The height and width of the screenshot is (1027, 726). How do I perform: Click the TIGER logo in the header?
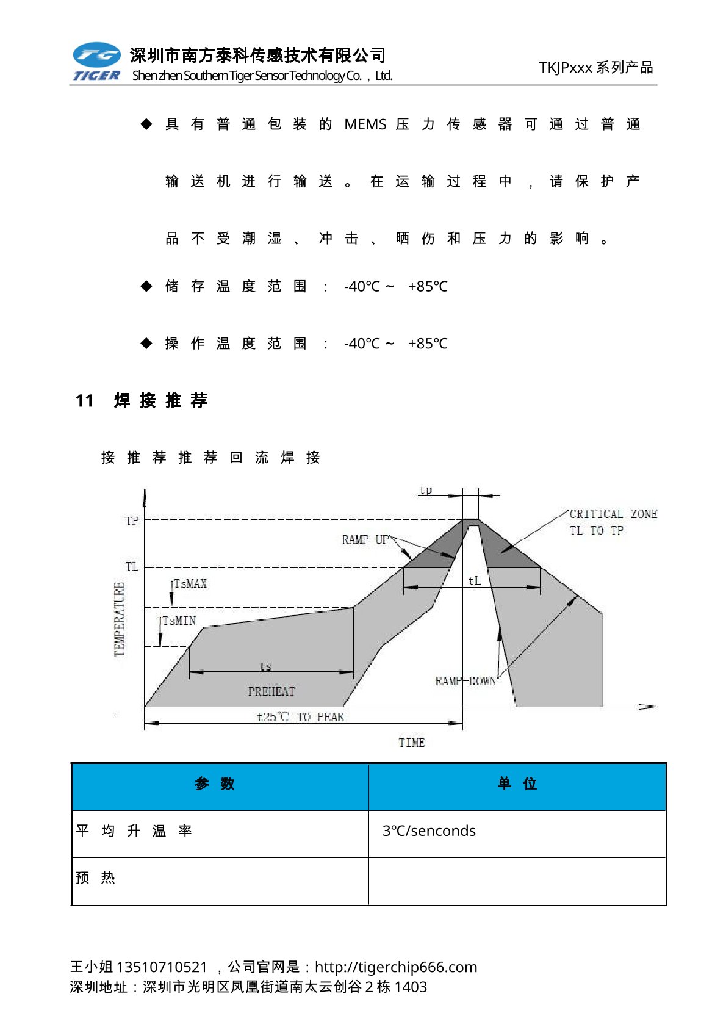pyautogui.click(x=96, y=62)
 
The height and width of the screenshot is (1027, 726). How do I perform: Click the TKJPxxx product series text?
pyautogui.click(x=595, y=68)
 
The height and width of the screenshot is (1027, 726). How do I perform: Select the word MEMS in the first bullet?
pyautogui.click(x=365, y=124)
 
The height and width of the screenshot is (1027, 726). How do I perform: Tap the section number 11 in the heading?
pyautogui.click(x=84, y=401)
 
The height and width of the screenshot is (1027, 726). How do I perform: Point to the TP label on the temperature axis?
pyautogui.click(x=132, y=521)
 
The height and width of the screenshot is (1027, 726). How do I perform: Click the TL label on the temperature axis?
pyautogui.click(x=132, y=567)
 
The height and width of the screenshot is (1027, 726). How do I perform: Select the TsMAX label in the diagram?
pyautogui.click(x=190, y=584)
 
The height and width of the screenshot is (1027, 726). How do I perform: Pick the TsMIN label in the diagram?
pyautogui.click(x=179, y=621)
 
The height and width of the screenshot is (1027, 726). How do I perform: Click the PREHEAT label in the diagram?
pyautogui.click(x=271, y=691)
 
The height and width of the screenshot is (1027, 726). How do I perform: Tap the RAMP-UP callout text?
pyautogui.click(x=365, y=539)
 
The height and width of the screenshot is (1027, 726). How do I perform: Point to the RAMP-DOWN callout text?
pyautogui.click(x=465, y=681)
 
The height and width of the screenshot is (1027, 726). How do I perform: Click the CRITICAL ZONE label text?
pyautogui.click(x=613, y=514)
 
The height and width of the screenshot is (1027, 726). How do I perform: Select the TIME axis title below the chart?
pyautogui.click(x=412, y=743)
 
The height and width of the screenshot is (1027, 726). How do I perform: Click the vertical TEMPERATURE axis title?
pyautogui.click(x=119, y=619)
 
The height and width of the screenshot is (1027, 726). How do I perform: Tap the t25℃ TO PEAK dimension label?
pyautogui.click(x=300, y=717)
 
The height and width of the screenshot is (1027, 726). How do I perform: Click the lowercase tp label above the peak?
pyautogui.click(x=425, y=490)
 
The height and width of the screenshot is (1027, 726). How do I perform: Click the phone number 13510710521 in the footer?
pyautogui.click(x=162, y=967)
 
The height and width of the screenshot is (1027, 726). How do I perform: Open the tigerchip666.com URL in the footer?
pyautogui.click(x=396, y=967)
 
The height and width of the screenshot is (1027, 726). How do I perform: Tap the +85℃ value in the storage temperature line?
pyautogui.click(x=428, y=287)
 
